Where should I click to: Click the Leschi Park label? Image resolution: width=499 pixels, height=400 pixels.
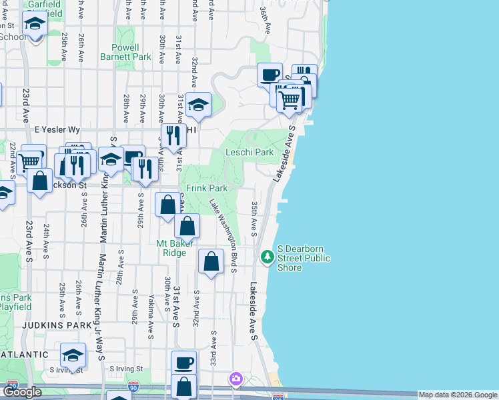coord(249,152)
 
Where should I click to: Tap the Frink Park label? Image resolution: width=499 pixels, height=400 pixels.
coord(207,189)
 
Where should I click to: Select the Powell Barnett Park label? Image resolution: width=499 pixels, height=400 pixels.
coord(135,53)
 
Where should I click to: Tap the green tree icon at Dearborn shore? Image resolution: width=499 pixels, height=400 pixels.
coord(268,256)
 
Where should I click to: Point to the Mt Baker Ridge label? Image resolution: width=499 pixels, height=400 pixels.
coord(175,248)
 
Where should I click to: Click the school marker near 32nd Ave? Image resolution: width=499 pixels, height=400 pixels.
coord(197,105)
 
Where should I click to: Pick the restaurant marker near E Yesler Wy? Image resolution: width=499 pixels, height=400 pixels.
coord(173,137)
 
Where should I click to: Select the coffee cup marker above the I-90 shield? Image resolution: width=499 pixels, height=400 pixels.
coord(184,363)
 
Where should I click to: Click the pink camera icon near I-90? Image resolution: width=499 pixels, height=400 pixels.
coord(235,379)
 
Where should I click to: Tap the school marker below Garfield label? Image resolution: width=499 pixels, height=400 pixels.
coord(34,25)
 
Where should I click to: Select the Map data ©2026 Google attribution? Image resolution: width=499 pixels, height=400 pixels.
coord(458,395)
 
